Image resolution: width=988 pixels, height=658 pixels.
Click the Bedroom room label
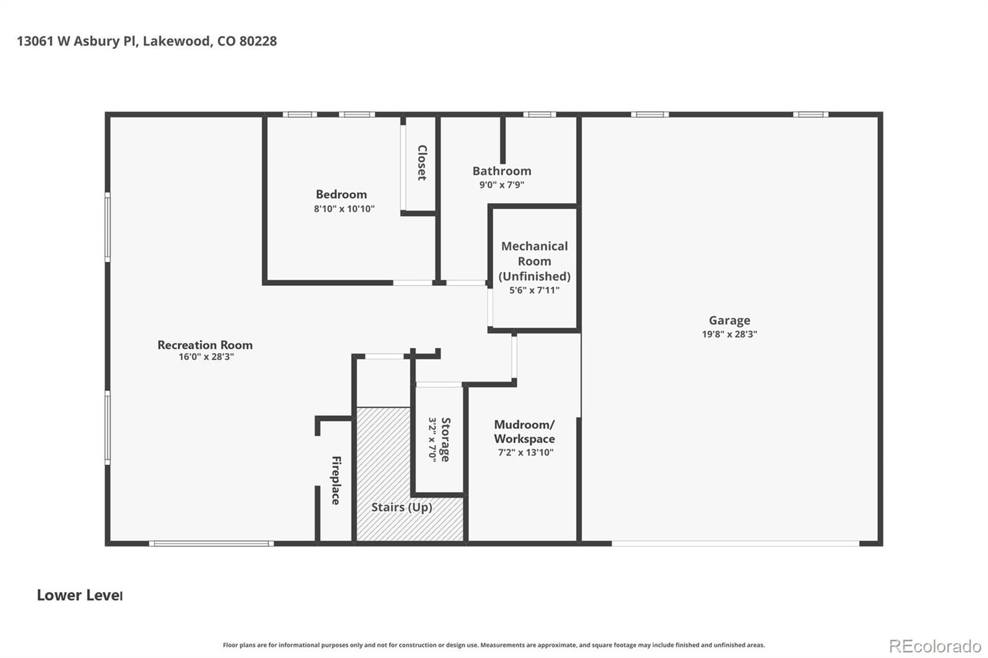[341, 194]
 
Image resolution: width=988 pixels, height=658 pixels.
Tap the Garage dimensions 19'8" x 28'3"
[729, 334]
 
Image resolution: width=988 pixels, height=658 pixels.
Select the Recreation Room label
[205, 345]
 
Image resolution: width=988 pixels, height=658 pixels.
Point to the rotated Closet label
[422, 162]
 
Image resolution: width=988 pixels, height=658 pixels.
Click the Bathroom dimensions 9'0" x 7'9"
[501, 185]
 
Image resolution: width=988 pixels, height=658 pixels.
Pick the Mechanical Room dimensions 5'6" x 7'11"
[534, 290]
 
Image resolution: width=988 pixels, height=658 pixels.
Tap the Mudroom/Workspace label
[524, 431]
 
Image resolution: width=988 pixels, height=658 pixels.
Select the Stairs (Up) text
[401, 507]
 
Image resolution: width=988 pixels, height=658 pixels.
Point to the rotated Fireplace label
[336, 480]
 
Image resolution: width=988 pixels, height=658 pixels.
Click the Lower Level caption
[79, 595]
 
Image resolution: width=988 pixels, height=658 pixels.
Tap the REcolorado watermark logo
[935, 646]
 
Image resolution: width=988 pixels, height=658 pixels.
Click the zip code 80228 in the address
[258, 41]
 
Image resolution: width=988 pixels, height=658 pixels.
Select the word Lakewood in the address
[178, 41]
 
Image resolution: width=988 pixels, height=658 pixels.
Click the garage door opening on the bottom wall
[735, 543]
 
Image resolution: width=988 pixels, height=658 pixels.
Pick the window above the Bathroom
[539, 114]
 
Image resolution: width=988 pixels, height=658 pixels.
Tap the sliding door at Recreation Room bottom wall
[211, 543]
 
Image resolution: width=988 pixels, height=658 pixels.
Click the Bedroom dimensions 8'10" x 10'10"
[344, 209]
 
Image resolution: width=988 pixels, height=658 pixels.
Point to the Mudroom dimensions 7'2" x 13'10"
[525, 452]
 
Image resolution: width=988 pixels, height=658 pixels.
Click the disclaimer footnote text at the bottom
[493, 645]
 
